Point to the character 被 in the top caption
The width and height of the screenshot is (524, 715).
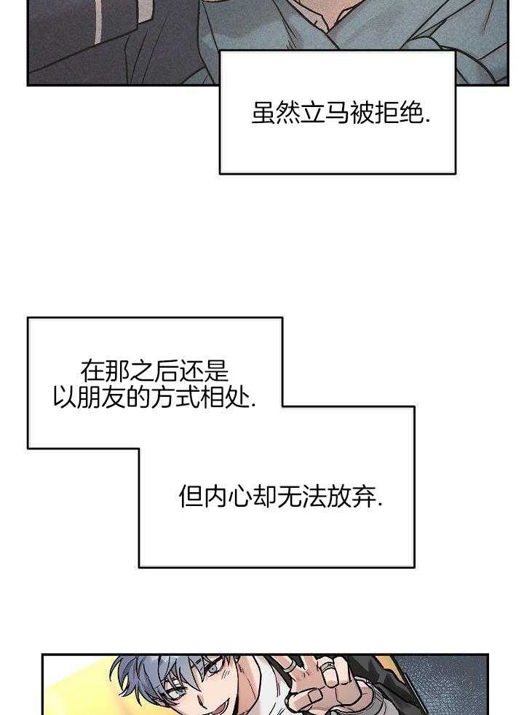pos(362,114)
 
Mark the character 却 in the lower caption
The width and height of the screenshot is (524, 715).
pos(264,497)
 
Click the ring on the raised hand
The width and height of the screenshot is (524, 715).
pos(330,684)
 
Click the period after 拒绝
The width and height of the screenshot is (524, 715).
pos(427,121)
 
